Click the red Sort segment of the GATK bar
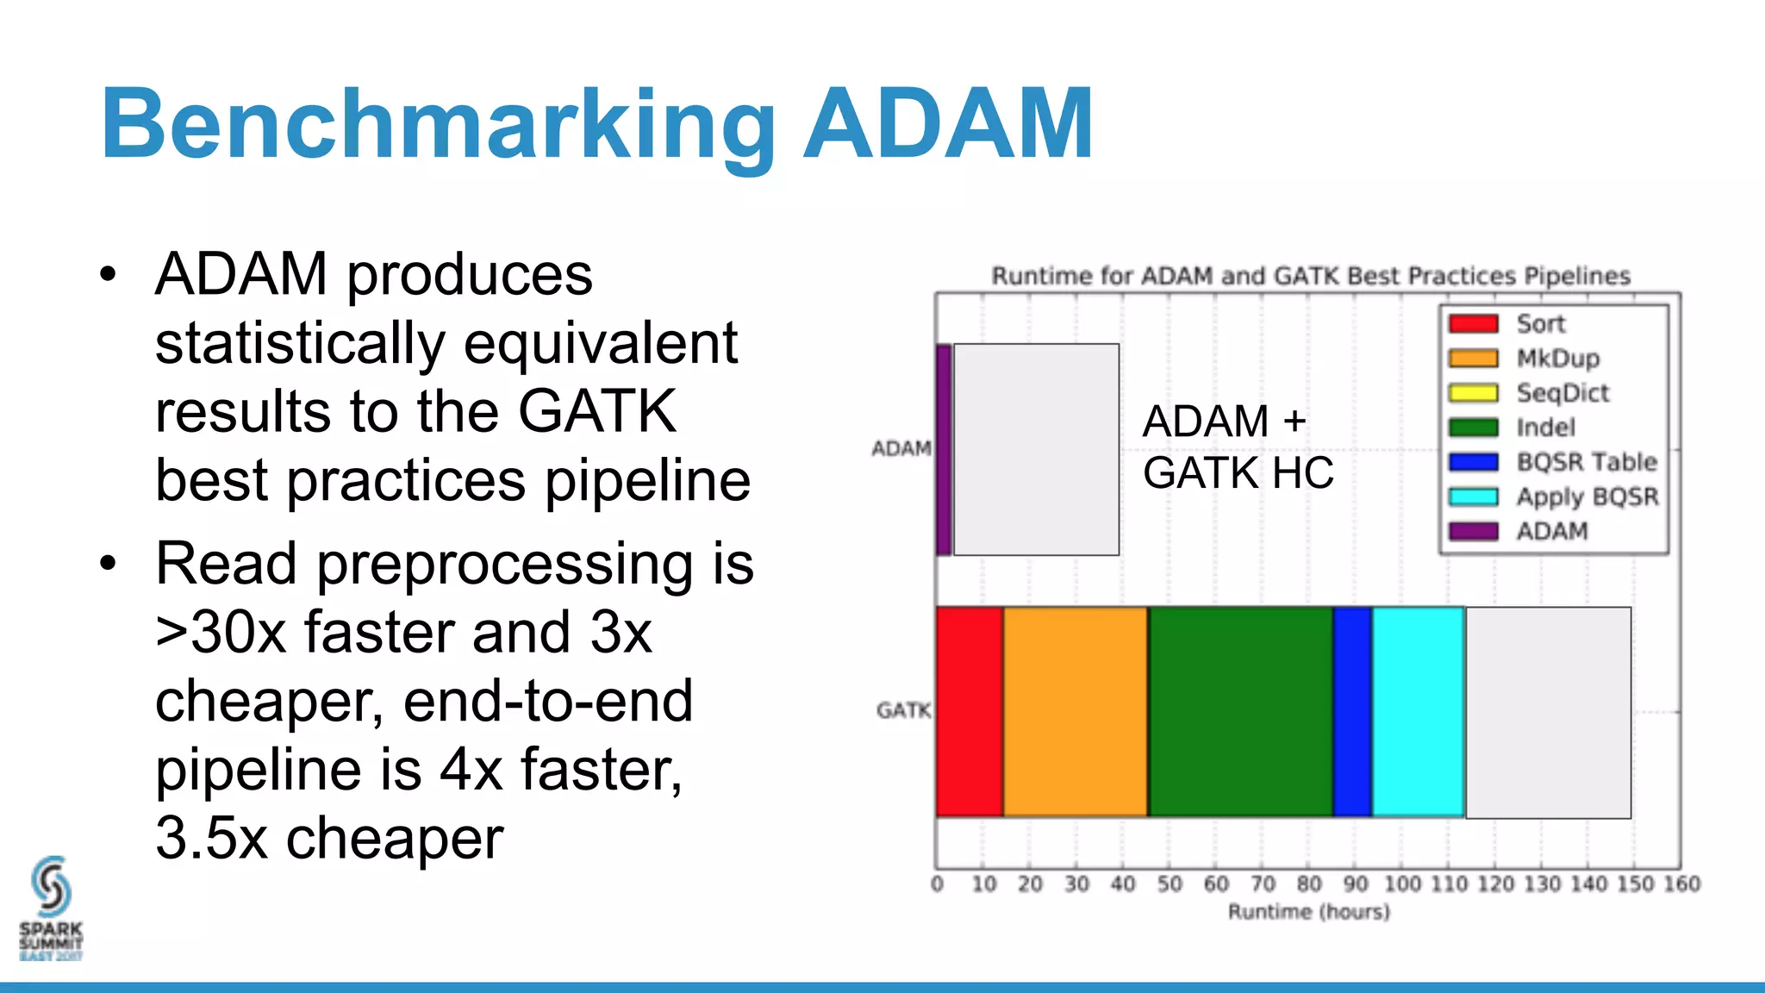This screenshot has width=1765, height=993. (x=970, y=712)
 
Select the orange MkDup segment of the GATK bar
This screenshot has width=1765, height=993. (x=1076, y=712)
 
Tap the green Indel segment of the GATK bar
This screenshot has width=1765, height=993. (x=1240, y=712)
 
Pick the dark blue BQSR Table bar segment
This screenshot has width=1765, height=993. (x=1352, y=712)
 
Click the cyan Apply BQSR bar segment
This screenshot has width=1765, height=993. (x=1418, y=712)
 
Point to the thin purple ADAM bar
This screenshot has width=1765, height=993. (x=944, y=449)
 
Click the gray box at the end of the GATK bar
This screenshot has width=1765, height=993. (x=1548, y=712)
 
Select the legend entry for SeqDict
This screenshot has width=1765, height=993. (x=1562, y=393)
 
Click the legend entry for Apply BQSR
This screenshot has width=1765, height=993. (x=1587, y=496)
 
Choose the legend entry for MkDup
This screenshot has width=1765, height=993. (x=1557, y=359)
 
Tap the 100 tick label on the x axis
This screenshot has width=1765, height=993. (x=1402, y=884)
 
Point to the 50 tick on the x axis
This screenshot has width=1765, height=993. (x=1169, y=884)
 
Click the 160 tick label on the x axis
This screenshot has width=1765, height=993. (x=1681, y=884)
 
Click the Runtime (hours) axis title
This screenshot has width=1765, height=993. (x=1308, y=912)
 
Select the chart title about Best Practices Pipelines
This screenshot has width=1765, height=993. (x=1310, y=276)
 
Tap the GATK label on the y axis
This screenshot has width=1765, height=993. (x=903, y=710)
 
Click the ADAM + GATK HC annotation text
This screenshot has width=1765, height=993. (x=1238, y=447)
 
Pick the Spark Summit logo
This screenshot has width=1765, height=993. (x=51, y=908)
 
